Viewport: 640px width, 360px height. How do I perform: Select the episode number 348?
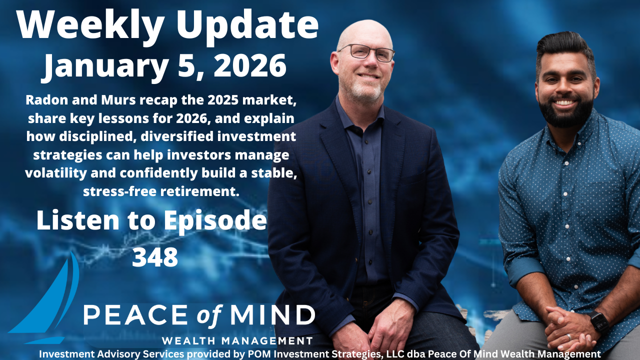(155, 256)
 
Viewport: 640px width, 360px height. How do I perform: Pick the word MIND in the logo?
(273, 315)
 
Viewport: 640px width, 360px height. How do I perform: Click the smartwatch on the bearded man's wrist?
(599, 322)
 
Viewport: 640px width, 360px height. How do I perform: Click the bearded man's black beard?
(566, 112)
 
